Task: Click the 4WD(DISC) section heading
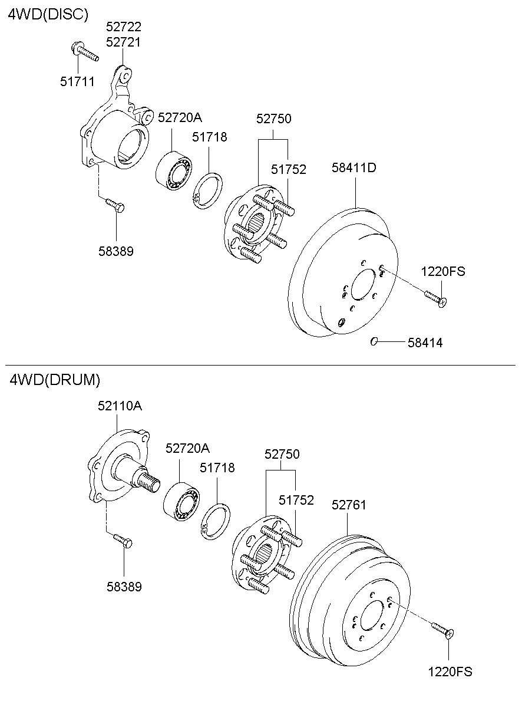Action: pyautogui.click(x=48, y=14)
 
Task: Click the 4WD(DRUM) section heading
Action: pyautogui.click(x=55, y=379)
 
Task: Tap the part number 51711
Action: pyautogui.click(x=77, y=81)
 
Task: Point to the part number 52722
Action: pyautogui.click(x=124, y=27)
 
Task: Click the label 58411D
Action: pyautogui.click(x=353, y=167)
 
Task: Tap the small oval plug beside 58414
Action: pyautogui.click(x=374, y=341)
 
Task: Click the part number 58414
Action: pyautogui.click(x=425, y=343)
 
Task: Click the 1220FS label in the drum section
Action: pyautogui.click(x=450, y=671)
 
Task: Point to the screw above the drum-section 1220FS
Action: pyautogui.click(x=442, y=629)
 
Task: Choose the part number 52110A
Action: pyautogui.click(x=120, y=406)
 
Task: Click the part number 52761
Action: pyautogui.click(x=349, y=505)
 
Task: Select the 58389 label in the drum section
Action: pyautogui.click(x=124, y=587)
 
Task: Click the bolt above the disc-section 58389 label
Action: pyautogui.click(x=114, y=205)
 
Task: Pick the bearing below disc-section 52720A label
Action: pyautogui.click(x=175, y=170)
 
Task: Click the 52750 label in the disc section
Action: pyautogui.click(x=273, y=119)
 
